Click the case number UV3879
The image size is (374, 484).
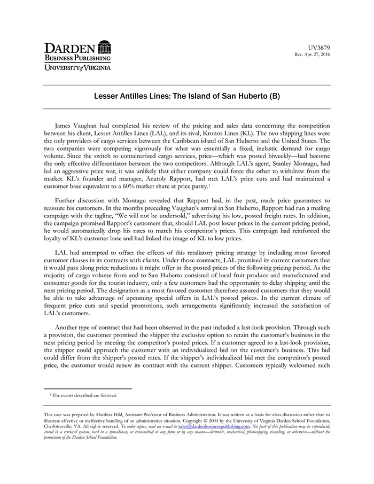(x=320, y=48)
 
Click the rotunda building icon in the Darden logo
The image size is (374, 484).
(x=104, y=46)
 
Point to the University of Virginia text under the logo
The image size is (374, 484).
(x=77, y=68)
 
